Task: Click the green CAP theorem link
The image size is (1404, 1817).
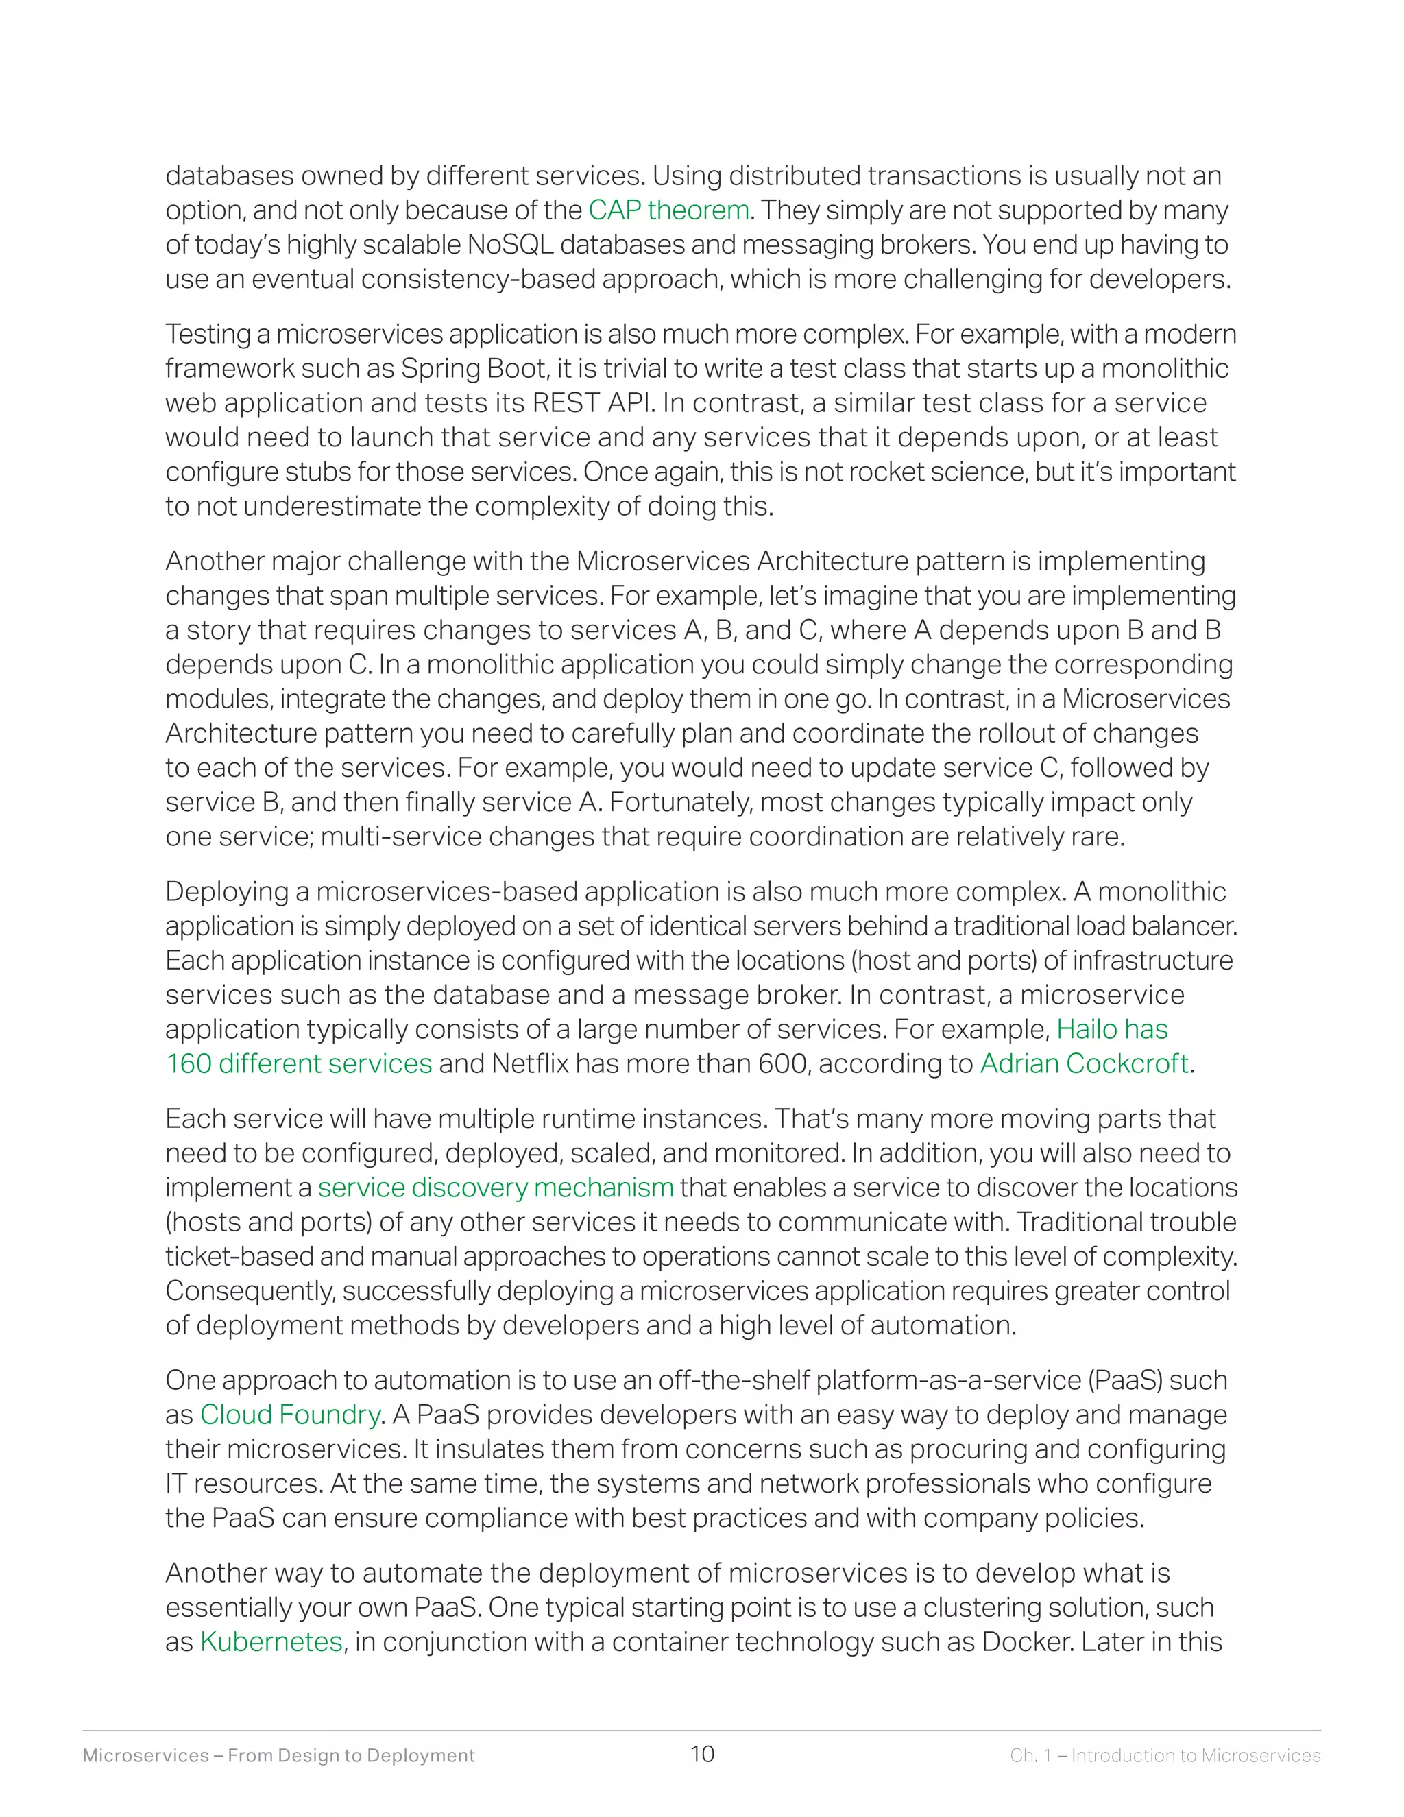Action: tap(668, 210)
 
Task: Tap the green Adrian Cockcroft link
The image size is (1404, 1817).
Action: tap(1084, 1064)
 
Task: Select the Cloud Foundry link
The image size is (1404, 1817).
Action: tap(290, 1415)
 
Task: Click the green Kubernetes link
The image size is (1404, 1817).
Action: tap(271, 1642)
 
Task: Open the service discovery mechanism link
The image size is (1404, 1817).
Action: tap(496, 1188)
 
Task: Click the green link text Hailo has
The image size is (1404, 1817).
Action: tap(1112, 1030)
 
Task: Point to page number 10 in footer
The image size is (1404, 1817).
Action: tap(702, 1755)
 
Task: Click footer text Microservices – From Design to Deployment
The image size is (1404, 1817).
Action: tap(278, 1755)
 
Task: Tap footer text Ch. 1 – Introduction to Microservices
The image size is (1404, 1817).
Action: tap(1165, 1755)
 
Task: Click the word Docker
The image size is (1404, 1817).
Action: tap(1026, 1642)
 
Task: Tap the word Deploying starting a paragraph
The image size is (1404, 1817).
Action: tap(237, 892)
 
